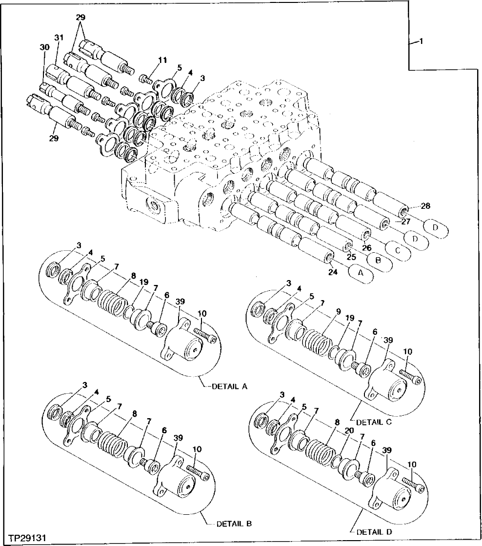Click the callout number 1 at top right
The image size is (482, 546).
click(420, 42)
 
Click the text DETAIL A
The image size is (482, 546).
click(230, 386)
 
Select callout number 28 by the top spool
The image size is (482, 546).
click(425, 206)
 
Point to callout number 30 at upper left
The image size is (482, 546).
click(44, 47)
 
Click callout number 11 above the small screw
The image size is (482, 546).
click(162, 61)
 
